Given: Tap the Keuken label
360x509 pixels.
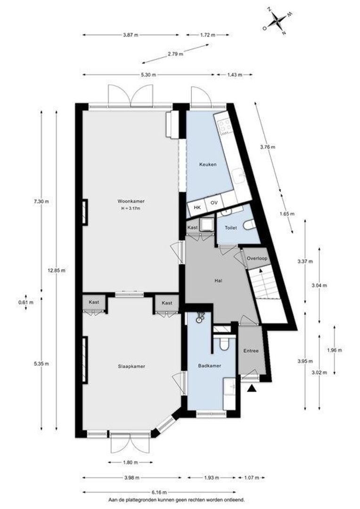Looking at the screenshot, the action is tap(208, 164).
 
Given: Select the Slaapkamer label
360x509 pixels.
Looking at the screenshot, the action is tap(131, 366).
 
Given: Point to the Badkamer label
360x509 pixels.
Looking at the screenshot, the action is tap(209, 366).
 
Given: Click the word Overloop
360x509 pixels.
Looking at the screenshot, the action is tap(257, 258).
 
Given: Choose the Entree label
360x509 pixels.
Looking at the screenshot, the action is tap(251, 351).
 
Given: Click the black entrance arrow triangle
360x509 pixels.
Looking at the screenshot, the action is tap(252, 388).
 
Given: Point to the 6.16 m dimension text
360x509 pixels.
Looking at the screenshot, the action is tap(159, 492).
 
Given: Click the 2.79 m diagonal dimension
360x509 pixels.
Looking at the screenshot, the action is tap(176, 54).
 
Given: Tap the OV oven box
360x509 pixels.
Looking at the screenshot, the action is tap(213, 203).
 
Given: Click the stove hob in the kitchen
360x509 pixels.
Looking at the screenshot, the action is tap(225, 126).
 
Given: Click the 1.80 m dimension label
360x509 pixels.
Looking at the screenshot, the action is tap(131, 462).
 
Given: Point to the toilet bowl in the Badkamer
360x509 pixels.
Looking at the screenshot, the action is tap(224, 344).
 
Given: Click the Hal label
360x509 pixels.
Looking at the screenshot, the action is tap(218, 280).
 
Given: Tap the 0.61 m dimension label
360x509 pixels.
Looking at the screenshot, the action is tap(26, 302).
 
